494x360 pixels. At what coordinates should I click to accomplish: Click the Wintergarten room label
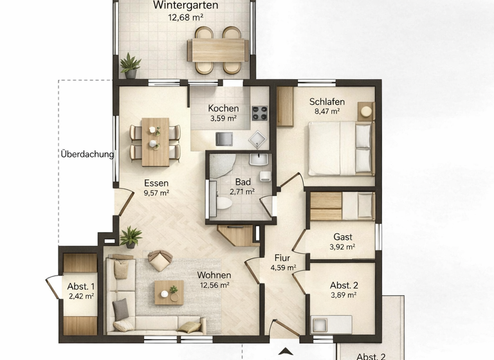(185, 6)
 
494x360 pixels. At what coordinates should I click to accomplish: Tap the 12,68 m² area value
(185, 17)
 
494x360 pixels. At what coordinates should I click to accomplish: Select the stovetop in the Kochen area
(259, 114)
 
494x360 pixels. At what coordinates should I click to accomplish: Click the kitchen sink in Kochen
(258, 139)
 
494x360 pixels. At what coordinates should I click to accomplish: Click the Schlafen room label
(327, 102)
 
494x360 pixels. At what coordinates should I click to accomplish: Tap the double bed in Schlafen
(340, 148)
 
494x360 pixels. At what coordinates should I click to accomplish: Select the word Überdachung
(87, 154)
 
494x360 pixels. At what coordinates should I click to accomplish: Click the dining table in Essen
(155, 141)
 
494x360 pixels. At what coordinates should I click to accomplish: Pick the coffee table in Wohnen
(169, 292)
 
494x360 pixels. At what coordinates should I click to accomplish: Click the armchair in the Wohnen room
(160, 260)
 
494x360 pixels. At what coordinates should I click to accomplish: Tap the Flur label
(282, 258)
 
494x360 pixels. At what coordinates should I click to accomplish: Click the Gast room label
(342, 237)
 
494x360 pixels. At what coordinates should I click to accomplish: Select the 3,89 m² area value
(342, 295)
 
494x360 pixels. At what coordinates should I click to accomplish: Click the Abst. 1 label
(81, 287)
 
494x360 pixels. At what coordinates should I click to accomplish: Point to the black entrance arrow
(284, 351)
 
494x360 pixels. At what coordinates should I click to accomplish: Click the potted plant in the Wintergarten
(131, 65)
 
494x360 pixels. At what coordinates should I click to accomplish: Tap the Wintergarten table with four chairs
(218, 50)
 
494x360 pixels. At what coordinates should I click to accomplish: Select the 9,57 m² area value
(156, 192)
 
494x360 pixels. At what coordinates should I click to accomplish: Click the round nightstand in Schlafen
(365, 111)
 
